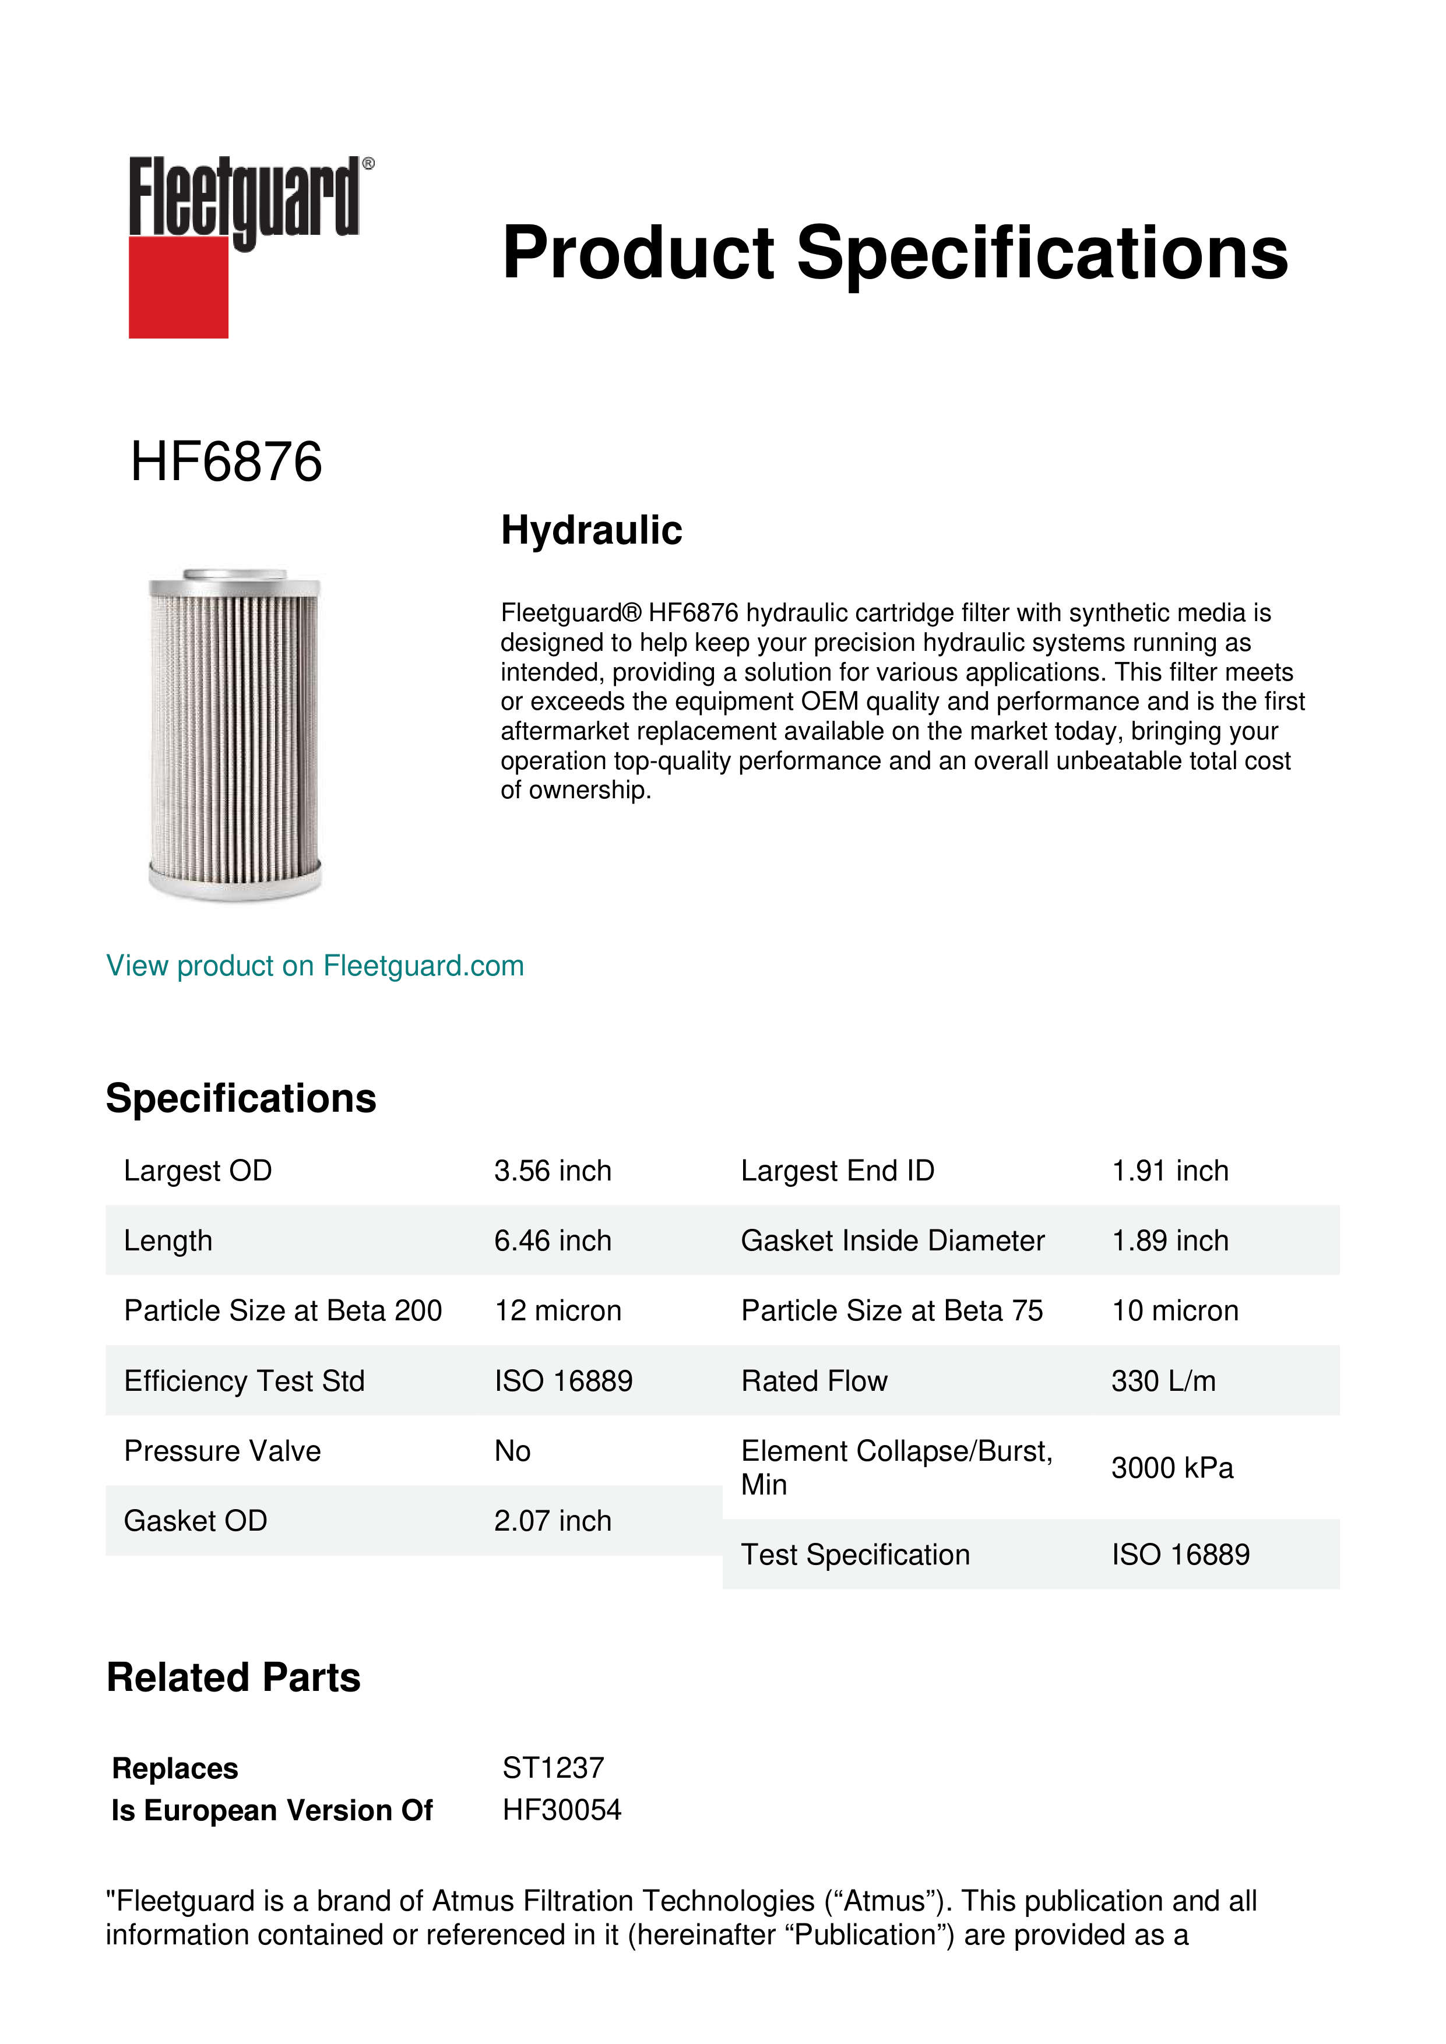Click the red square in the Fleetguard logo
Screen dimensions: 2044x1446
(x=178, y=287)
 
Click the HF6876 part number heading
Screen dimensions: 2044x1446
(x=226, y=462)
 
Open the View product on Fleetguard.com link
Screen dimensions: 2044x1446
(x=315, y=966)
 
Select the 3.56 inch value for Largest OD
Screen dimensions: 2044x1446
(x=553, y=1171)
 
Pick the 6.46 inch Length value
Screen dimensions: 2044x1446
(x=553, y=1241)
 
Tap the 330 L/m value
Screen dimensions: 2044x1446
(x=1163, y=1381)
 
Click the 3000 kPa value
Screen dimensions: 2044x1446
(x=1171, y=1468)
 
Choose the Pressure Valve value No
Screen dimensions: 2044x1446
(x=513, y=1451)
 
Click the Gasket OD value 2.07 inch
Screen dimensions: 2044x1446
(x=553, y=1521)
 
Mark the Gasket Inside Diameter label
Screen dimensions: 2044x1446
(x=892, y=1241)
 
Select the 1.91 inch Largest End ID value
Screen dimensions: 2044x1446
(x=1170, y=1171)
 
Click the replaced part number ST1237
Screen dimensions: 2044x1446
(x=553, y=1768)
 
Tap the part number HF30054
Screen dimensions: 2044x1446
(x=562, y=1810)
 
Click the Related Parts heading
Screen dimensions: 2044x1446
(x=233, y=1678)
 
